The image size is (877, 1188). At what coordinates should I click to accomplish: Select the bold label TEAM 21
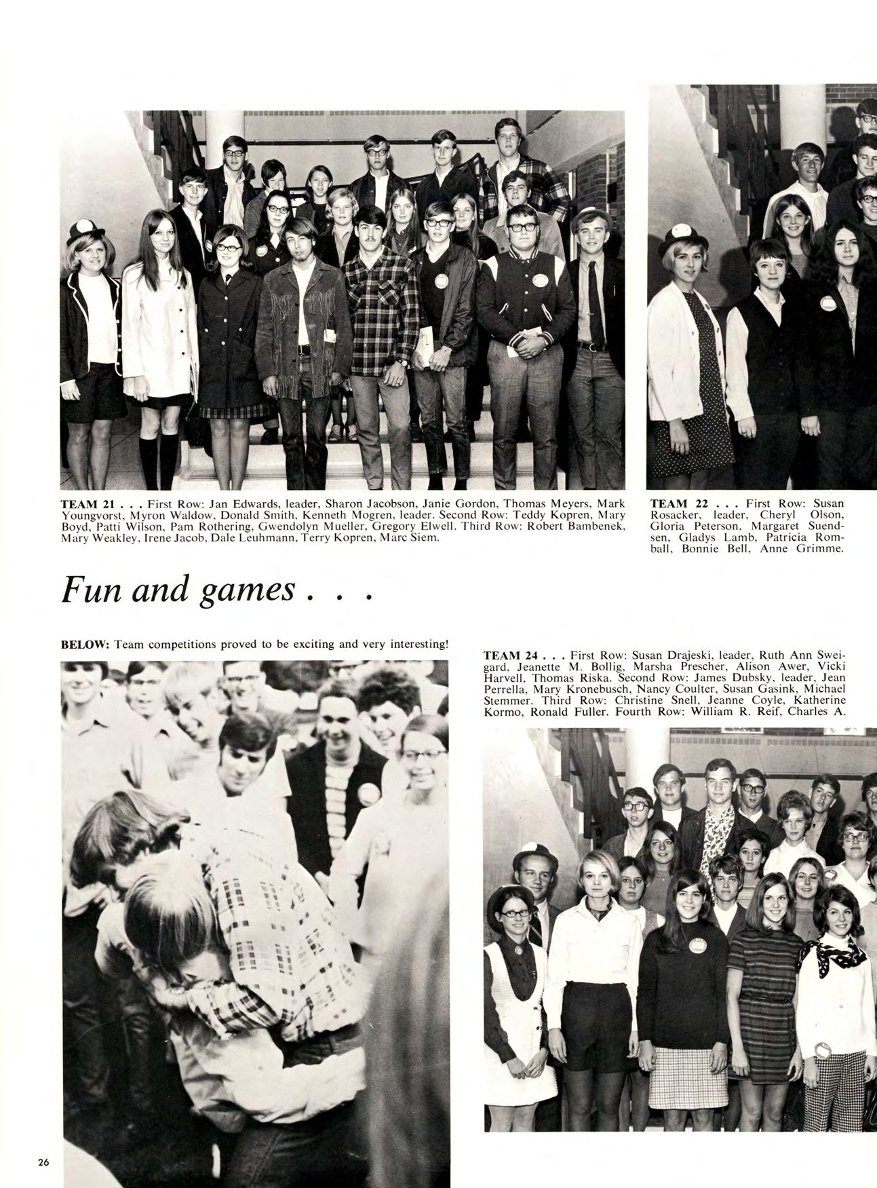[x=87, y=504]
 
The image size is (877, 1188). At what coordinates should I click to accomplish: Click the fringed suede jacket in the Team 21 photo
[x=302, y=326]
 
